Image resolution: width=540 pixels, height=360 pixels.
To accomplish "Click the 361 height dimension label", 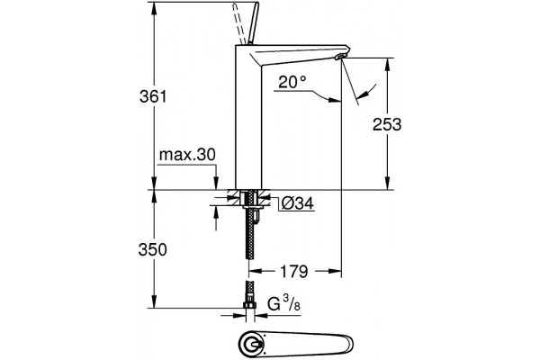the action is point(153,96).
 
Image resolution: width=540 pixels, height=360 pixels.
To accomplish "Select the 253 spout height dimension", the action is point(387,124).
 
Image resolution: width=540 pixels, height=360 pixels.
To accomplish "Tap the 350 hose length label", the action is point(153,250).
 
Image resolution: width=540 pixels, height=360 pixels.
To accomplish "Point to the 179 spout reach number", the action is point(293,272).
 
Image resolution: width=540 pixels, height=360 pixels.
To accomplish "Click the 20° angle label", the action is point(292,82).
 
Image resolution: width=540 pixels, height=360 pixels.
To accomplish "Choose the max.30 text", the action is point(187,155).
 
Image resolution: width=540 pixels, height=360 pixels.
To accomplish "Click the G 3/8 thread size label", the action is point(283,303).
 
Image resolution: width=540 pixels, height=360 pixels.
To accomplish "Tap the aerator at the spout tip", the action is point(341,57).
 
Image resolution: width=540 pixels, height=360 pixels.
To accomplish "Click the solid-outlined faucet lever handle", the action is point(254,23).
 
